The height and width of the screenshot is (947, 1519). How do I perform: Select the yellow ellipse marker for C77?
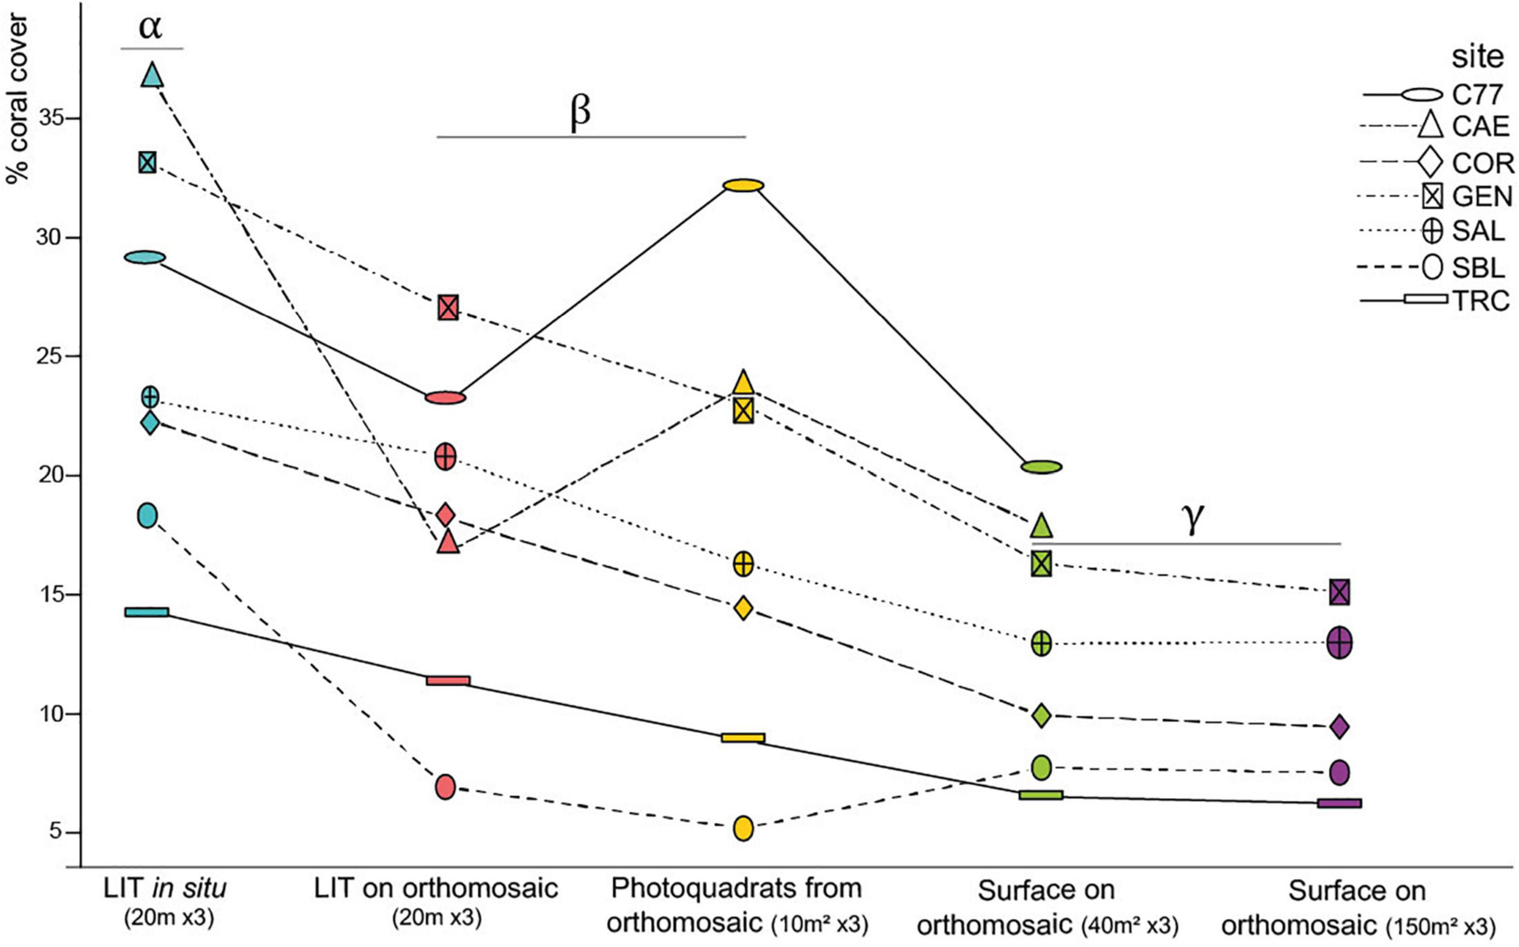click(743, 185)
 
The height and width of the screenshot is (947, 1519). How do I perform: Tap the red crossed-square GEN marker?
click(448, 307)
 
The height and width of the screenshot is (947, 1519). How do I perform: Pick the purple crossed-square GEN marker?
click(1339, 592)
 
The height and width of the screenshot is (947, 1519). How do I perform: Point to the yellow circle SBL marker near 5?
click(743, 828)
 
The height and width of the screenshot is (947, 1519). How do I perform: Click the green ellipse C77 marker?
click(1041, 466)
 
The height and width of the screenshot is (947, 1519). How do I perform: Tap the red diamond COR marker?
click(445, 515)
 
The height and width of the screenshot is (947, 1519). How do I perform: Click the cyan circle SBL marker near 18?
click(147, 515)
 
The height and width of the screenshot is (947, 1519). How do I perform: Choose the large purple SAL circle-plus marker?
click(1339, 643)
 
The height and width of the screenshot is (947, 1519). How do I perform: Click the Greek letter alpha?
click(150, 28)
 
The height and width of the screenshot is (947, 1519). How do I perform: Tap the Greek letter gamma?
click(1192, 519)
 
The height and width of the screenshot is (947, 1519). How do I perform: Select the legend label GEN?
click(1482, 197)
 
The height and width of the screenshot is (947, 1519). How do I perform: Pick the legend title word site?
click(1478, 57)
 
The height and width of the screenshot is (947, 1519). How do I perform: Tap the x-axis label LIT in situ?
click(165, 888)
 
